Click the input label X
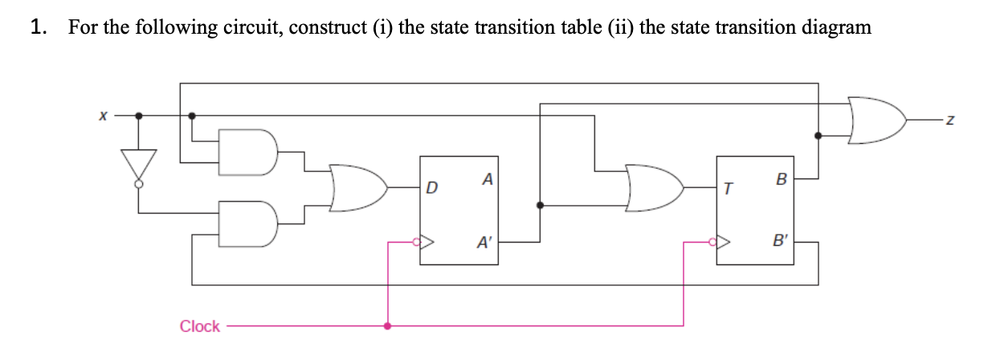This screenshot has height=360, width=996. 103,117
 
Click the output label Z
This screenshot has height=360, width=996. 950,121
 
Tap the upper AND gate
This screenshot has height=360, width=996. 249,150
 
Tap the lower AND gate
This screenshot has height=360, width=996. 249,225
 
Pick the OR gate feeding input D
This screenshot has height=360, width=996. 358,190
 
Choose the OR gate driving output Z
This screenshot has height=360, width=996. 876,121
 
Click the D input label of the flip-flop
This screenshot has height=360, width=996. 431,190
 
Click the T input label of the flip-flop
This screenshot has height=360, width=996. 728,190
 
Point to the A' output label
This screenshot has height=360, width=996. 485,241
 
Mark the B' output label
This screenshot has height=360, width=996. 780,241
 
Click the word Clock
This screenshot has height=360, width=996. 200,326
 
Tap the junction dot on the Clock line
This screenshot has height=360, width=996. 389,326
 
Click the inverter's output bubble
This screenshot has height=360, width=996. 139,185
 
